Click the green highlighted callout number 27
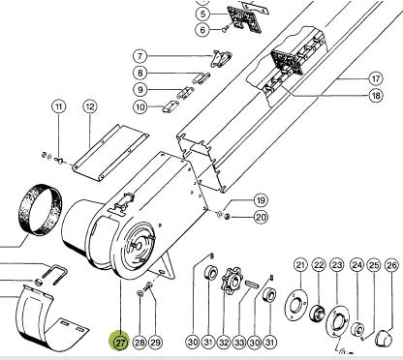point(119,342)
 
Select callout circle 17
point(376,78)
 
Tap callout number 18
point(376,96)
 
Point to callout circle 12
point(90,106)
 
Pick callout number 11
point(59,106)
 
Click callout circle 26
point(391,265)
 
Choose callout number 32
point(224,342)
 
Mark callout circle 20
point(261,217)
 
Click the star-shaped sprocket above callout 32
point(232,278)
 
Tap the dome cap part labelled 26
point(385,338)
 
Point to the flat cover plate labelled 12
point(109,152)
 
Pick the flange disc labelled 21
point(296,305)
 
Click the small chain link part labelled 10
point(170,106)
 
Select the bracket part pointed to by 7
point(221,58)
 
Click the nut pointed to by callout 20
point(227,217)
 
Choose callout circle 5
point(202,14)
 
